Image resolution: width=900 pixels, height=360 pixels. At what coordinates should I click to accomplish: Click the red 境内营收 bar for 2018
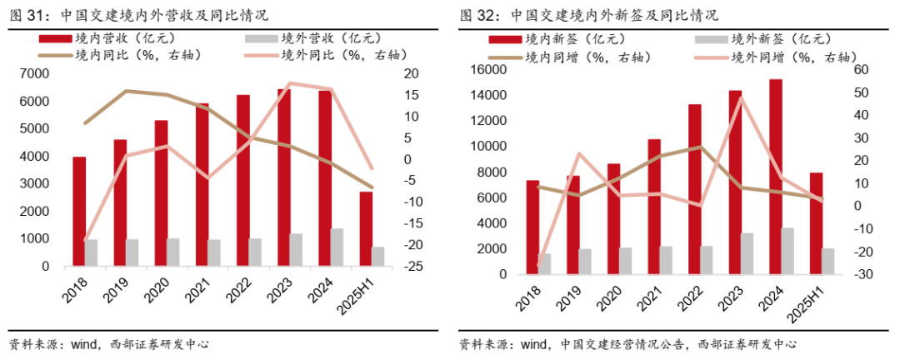79,212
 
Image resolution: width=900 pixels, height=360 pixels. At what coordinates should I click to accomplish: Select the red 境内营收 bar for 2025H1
366,229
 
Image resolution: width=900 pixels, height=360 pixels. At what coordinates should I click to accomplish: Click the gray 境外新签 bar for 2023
747,253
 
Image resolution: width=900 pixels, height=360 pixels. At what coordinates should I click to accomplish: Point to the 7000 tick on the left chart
47,74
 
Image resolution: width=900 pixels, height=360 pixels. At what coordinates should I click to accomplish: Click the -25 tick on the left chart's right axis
410,267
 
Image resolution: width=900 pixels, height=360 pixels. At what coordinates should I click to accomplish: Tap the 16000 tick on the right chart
488,70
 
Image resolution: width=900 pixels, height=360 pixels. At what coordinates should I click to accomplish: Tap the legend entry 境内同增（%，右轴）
575,57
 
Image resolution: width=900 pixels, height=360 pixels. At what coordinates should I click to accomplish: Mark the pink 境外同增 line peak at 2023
741,98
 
